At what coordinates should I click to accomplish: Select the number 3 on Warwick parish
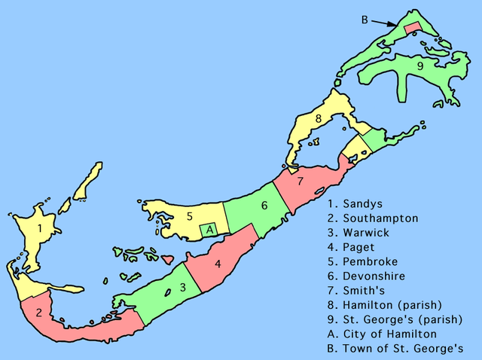pos(182,288)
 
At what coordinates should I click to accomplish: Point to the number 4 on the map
pos(218,264)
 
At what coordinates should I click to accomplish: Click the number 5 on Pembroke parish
pos(191,217)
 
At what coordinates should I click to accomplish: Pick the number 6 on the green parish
pos(264,206)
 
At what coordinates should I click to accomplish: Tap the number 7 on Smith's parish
pos(300,182)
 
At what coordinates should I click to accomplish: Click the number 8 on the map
pos(319,118)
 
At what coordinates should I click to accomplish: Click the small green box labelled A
pos(211,229)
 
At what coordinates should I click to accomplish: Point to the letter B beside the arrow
pos(365,20)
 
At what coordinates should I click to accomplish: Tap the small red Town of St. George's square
pos(413,28)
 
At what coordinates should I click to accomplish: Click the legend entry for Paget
pos(352,248)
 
